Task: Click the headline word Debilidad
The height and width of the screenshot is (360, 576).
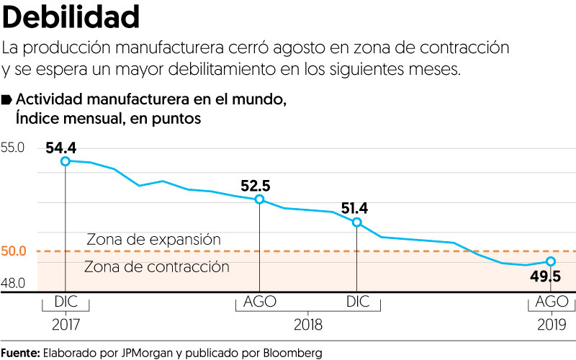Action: coord(71,16)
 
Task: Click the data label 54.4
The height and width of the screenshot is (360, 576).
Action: coord(60,148)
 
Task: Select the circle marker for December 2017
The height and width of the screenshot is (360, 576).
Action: coord(66,161)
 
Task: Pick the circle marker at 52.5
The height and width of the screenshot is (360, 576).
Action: coord(260,199)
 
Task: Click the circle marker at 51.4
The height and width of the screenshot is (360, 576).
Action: coord(356,222)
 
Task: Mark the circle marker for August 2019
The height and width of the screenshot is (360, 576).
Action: coord(551,261)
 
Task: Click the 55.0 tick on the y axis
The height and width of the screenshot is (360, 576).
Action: coord(13,148)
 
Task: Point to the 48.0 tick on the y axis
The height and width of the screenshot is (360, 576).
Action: coord(13,284)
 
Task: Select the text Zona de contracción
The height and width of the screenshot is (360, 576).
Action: coord(156,267)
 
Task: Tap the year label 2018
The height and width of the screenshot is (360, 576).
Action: coord(308,324)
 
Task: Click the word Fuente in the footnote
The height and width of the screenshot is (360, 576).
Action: coord(19,352)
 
